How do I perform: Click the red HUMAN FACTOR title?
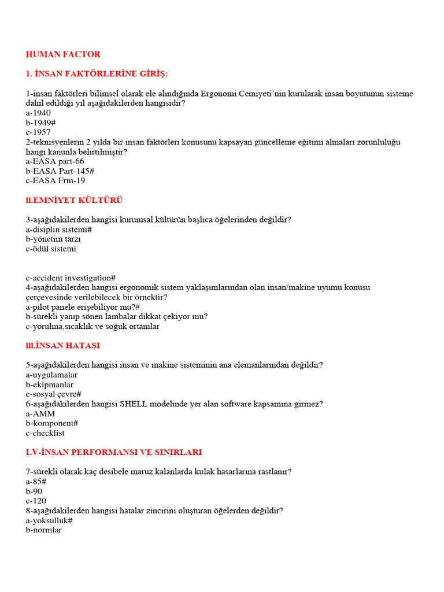click(63, 54)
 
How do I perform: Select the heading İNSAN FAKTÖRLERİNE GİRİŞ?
click(97, 73)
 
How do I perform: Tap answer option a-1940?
click(38, 113)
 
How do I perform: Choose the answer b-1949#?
click(40, 123)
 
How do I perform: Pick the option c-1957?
click(38, 132)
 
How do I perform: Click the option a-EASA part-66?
click(55, 161)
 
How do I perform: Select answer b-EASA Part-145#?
click(60, 171)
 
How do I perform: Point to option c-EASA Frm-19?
click(55, 180)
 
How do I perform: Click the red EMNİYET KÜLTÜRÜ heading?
click(74, 201)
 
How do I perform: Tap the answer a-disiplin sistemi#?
click(59, 230)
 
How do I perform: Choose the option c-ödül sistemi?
click(51, 249)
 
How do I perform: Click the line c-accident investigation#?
click(71, 278)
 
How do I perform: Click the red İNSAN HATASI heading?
click(63, 345)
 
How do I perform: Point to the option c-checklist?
click(45, 433)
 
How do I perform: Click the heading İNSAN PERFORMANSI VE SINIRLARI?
click(114, 452)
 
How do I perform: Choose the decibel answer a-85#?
click(36, 481)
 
